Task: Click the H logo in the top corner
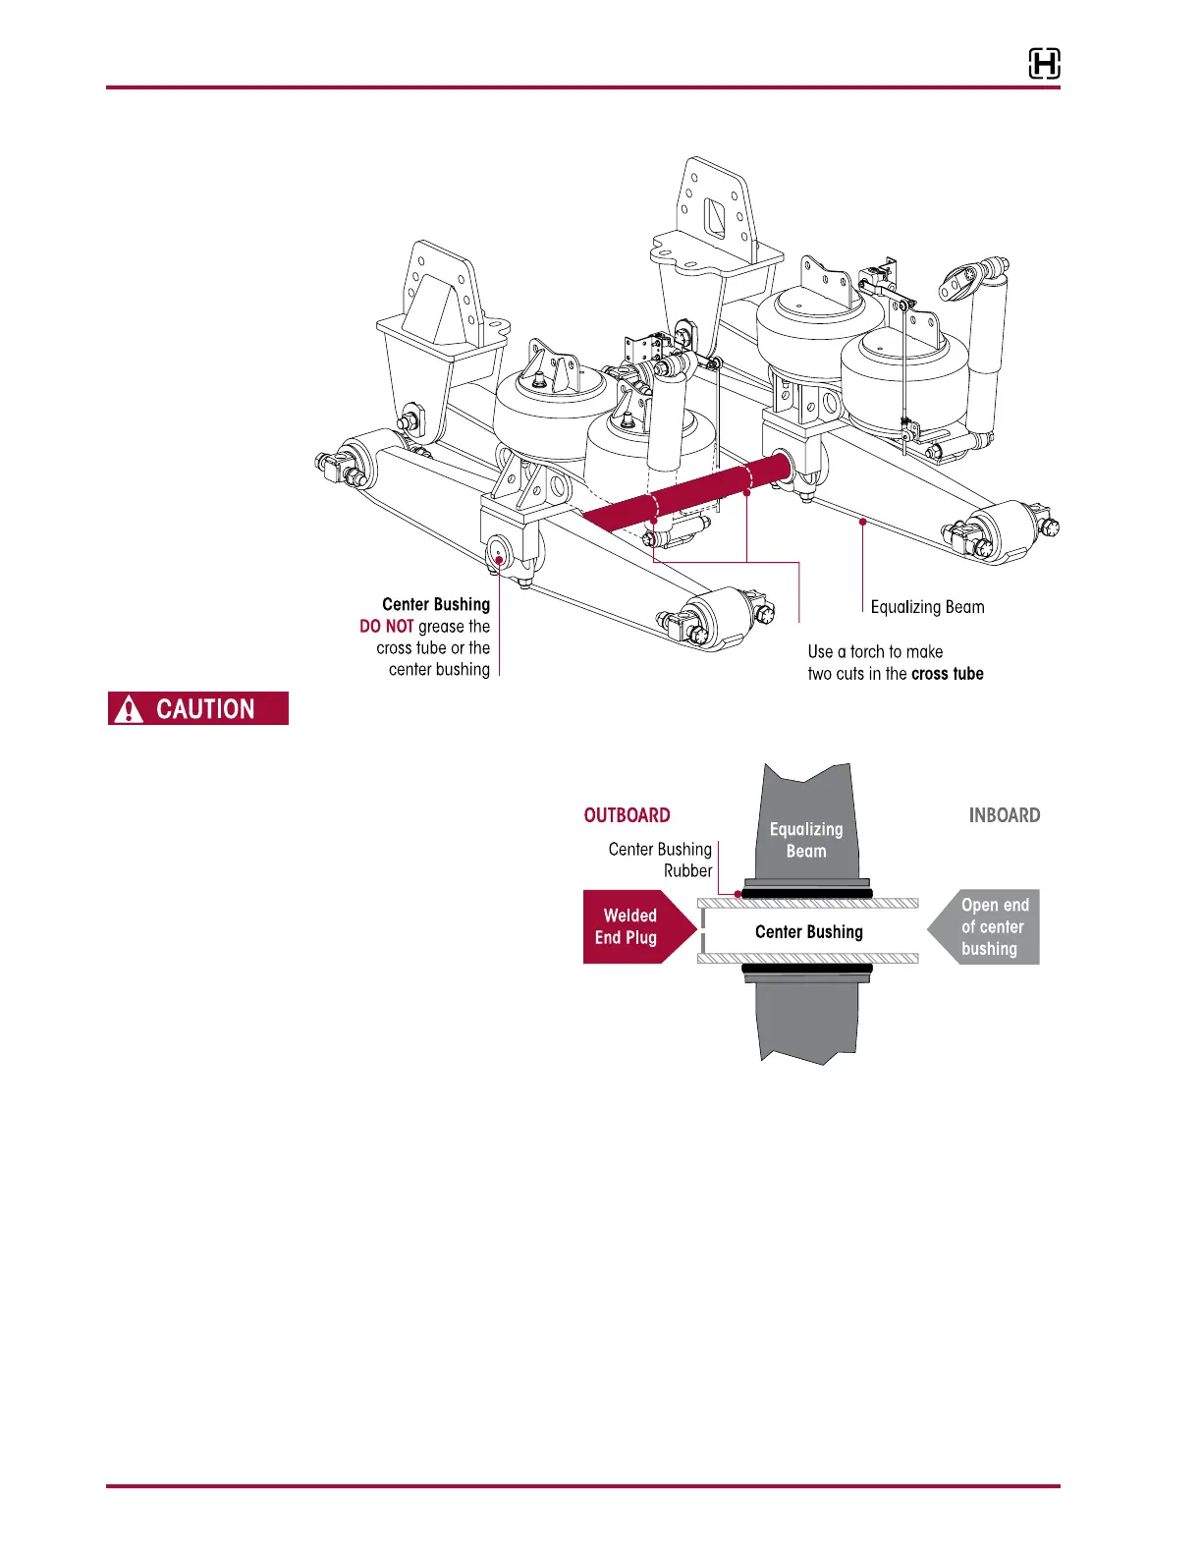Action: pyautogui.click(x=1044, y=64)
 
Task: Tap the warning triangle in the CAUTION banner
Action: pyautogui.click(x=129, y=709)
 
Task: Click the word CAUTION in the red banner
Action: pyautogui.click(x=205, y=709)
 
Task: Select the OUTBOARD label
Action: pyautogui.click(x=627, y=815)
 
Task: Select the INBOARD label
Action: pyautogui.click(x=1004, y=815)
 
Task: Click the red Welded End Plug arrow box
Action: pyautogui.click(x=632, y=926)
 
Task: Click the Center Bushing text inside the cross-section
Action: pyautogui.click(x=808, y=931)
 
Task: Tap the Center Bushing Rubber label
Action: pyautogui.click(x=661, y=860)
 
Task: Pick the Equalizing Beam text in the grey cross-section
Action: pyautogui.click(x=805, y=840)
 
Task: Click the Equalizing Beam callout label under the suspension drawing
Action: pyautogui.click(x=927, y=607)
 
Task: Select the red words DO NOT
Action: pyautogui.click(x=386, y=627)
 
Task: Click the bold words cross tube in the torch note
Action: pyautogui.click(x=947, y=674)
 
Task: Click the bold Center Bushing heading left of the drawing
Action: pyautogui.click(x=435, y=604)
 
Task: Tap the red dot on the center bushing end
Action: pyautogui.click(x=499, y=560)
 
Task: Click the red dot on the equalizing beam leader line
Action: pyautogui.click(x=862, y=522)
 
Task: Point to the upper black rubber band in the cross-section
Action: pyautogui.click(x=806, y=893)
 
